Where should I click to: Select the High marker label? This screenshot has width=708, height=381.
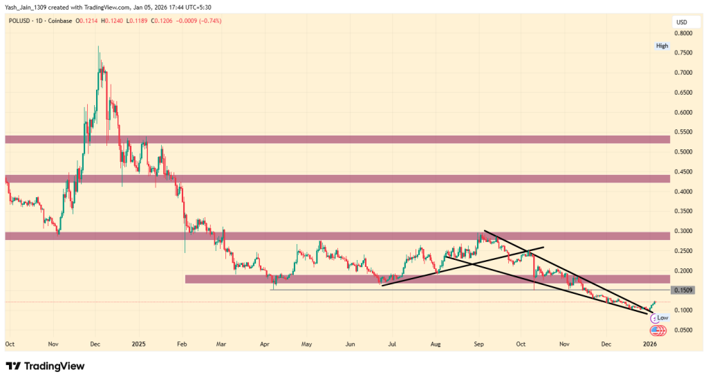[662, 46]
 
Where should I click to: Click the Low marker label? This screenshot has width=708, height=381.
[662, 317]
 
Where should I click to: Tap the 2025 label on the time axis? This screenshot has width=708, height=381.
[138, 344]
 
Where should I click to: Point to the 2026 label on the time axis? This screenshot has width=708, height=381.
[649, 344]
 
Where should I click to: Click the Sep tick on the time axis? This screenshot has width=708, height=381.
[478, 344]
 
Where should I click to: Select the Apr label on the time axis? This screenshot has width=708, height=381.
[265, 344]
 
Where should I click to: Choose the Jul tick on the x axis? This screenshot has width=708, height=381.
[392, 344]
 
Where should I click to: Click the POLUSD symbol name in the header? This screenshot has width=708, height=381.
[19, 22]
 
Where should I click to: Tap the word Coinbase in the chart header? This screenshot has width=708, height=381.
[62, 22]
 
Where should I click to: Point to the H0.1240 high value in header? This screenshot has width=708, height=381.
[113, 22]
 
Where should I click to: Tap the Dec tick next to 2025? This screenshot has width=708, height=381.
[97, 344]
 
